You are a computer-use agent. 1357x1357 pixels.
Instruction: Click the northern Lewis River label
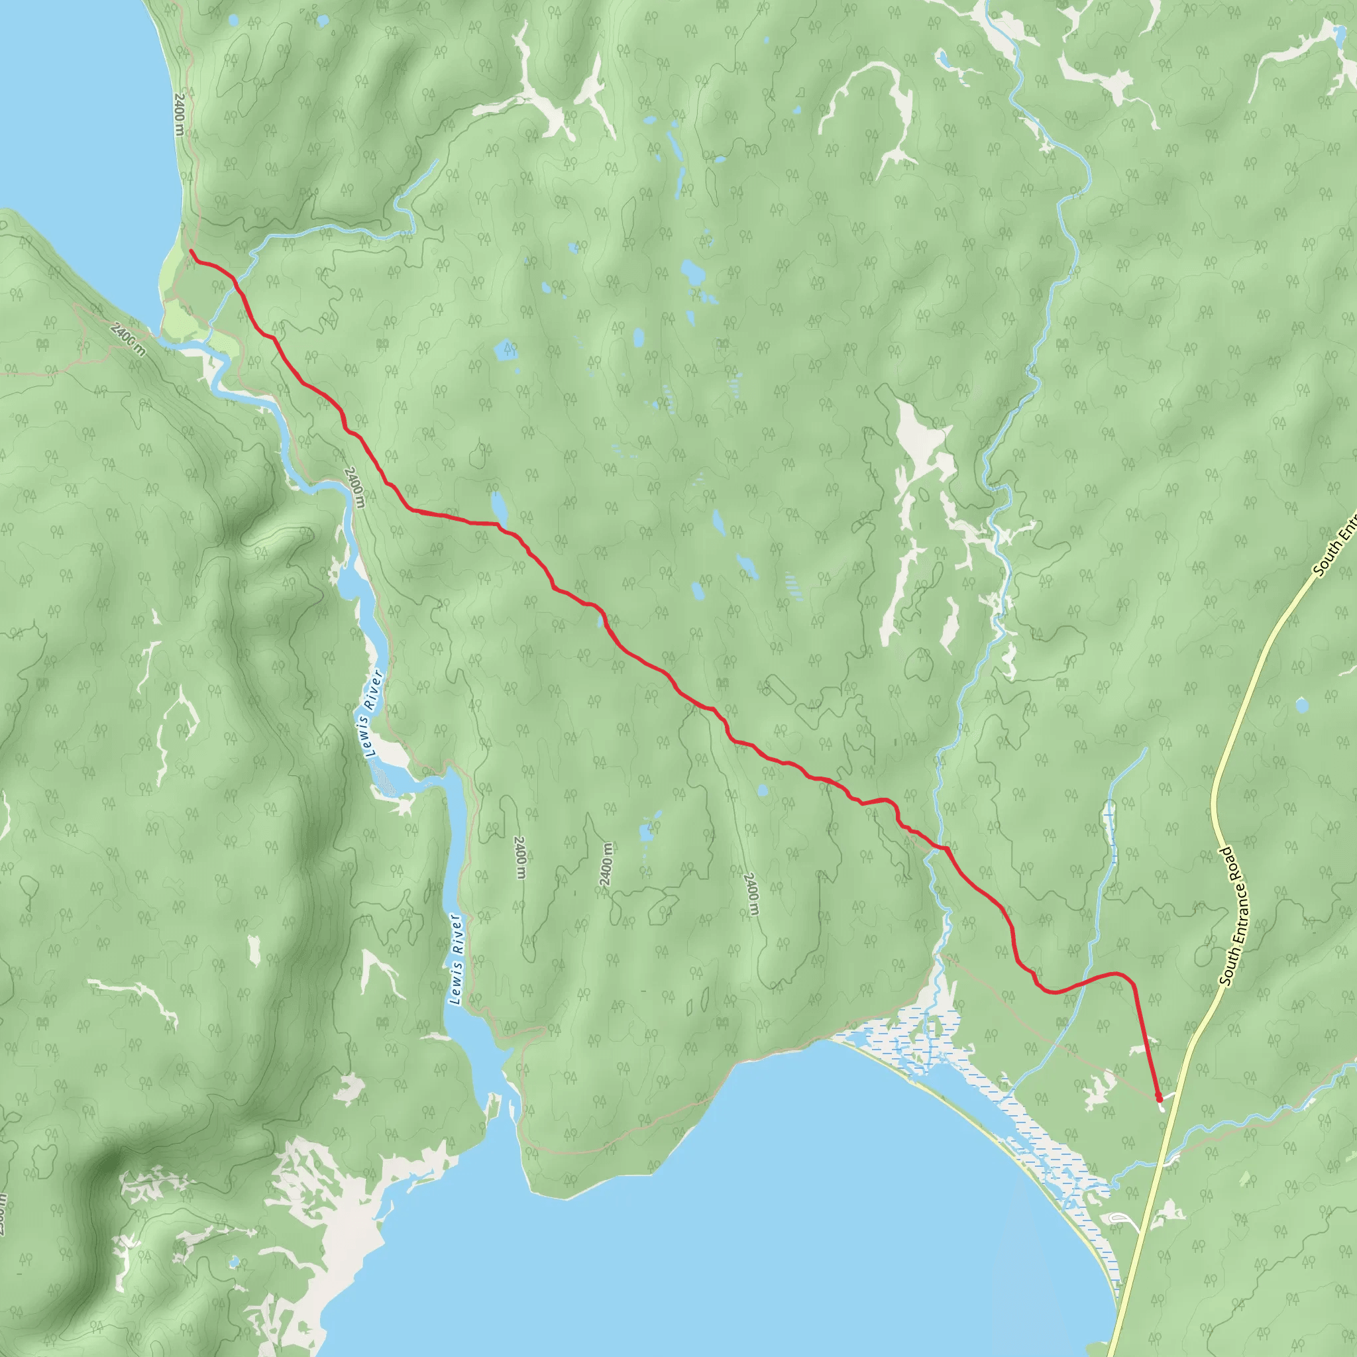tap(373, 713)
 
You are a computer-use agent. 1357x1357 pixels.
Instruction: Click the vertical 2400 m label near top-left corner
tap(179, 115)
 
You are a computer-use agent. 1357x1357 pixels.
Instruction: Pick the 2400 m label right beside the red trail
tap(354, 487)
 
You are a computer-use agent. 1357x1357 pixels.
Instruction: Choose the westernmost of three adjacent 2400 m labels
tap(519, 857)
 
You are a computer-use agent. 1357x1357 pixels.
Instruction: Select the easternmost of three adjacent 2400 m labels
tap(750, 894)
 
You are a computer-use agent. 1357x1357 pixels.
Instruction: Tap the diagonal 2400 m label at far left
tap(129, 339)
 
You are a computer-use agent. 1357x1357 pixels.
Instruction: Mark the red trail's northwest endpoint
tap(191, 250)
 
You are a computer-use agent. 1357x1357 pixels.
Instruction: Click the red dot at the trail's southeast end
tap(1158, 1097)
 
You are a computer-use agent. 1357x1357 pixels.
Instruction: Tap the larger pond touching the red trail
tap(499, 506)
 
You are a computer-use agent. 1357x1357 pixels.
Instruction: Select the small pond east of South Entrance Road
tap(1301, 704)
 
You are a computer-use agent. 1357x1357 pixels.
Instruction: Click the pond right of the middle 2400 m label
tap(646, 834)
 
